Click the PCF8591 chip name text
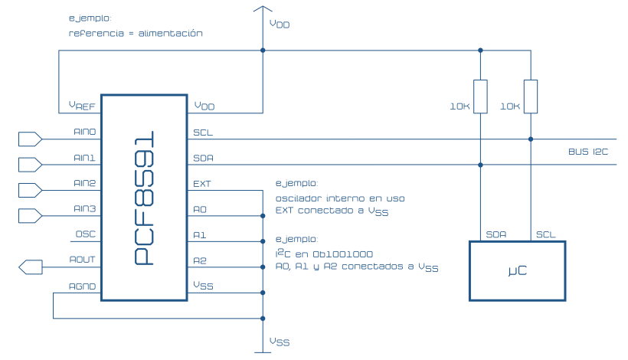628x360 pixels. click(x=143, y=198)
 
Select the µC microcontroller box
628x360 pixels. click(x=517, y=271)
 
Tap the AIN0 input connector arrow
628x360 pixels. click(x=29, y=139)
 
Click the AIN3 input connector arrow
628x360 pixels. click(x=29, y=216)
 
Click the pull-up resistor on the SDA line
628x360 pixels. click(x=480, y=97)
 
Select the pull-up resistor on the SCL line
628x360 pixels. click(x=530, y=97)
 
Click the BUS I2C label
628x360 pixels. click(x=587, y=152)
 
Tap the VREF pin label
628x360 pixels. click(x=82, y=106)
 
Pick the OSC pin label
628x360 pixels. click(x=85, y=234)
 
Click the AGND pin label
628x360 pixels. click(x=82, y=286)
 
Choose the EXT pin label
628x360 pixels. click(x=202, y=184)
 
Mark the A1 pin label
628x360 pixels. click(x=200, y=235)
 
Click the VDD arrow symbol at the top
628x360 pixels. click(x=262, y=11)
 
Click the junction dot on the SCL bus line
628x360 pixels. click(x=530, y=139)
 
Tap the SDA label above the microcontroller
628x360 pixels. click(x=495, y=234)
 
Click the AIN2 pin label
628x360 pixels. click(x=84, y=184)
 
